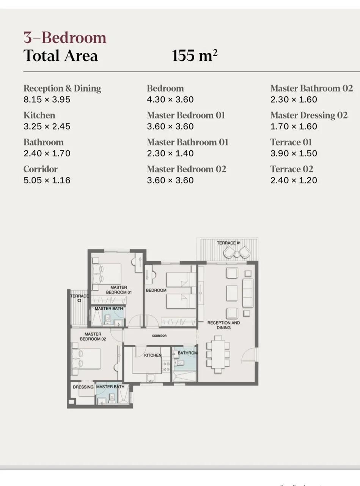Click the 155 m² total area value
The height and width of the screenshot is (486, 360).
(x=195, y=56)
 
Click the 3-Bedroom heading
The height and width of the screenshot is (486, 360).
(x=65, y=38)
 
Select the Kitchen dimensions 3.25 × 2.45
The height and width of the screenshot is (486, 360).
(x=47, y=126)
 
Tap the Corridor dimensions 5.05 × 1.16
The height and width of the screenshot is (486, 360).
(x=47, y=180)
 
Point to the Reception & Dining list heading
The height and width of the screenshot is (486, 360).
(x=62, y=88)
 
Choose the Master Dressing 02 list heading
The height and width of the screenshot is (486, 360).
(x=309, y=115)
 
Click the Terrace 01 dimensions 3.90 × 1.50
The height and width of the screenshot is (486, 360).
(x=294, y=153)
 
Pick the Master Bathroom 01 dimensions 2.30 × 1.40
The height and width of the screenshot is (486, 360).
(x=170, y=153)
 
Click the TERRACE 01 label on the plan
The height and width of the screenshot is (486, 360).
(x=228, y=243)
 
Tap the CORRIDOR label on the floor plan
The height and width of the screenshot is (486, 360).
(x=159, y=336)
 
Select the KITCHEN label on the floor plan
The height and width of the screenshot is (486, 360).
(x=152, y=355)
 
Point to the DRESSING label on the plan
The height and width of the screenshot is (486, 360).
(x=83, y=387)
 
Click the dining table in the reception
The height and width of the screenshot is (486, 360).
(x=218, y=354)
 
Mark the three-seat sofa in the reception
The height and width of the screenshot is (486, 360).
(x=248, y=293)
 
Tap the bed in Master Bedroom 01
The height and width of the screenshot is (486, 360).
(x=107, y=273)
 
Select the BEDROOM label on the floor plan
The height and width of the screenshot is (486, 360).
(x=156, y=290)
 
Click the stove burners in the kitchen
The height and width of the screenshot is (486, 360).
(x=166, y=366)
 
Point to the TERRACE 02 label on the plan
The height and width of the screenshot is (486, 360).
(x=79, y=298)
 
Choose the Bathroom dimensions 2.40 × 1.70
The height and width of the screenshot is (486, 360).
(x=47, y=153)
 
